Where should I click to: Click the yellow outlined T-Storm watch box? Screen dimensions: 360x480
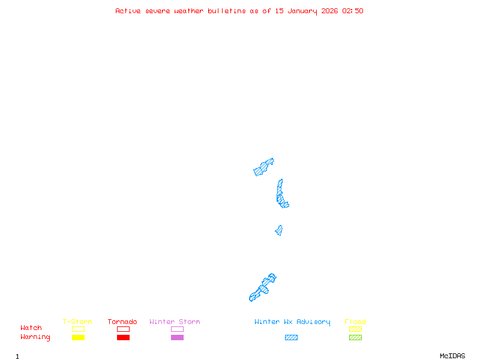pos(78,329)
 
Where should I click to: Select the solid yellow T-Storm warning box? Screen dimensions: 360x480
pos(78,338)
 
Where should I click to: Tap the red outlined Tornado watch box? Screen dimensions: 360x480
pos(123,329)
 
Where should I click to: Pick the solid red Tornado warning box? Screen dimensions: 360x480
pos(123,338)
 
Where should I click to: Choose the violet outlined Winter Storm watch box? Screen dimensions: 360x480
pos(177,329)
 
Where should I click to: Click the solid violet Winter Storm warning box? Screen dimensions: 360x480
pos(177,338)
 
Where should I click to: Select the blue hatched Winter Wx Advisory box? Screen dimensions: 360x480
pos(291,338)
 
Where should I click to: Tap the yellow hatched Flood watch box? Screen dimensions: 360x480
pos(355,329)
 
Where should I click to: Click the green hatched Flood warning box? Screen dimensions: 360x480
pos(355,338)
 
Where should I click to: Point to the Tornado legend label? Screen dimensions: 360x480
pos(122,322)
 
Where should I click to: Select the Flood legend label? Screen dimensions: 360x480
pos(355,322)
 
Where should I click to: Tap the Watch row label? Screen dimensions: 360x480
pos(31,328)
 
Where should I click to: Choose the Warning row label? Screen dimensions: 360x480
pos(35,337)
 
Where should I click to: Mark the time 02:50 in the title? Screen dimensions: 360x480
pos(353,11)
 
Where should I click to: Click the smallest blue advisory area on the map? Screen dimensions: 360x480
pos(279,230)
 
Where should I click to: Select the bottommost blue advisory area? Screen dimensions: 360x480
pos(263,289)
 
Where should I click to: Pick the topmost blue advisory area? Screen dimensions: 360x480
pos(263,167)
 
